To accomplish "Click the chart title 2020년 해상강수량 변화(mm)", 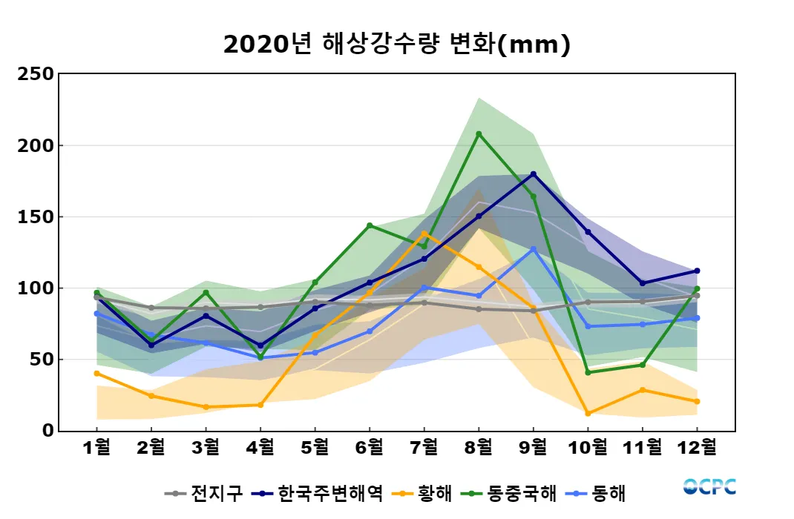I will click(x=396, y=44).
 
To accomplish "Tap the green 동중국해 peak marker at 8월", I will click(x=479, y=134).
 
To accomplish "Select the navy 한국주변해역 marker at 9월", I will click(x=534, y=174).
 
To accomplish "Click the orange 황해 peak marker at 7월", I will click(x=424, y=234).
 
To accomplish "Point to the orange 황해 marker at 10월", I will click(x=588, y=413).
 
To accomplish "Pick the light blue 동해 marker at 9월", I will click(x=534, y=249).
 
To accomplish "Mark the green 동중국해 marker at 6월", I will click(x=370, y=225).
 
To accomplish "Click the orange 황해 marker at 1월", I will click(x=97, y=373).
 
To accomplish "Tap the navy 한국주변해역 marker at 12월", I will click(x=697, y=271).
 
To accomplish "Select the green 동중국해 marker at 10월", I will click(x=588, y=372).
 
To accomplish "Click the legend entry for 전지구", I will click(x=203, y=493).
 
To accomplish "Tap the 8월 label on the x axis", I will click(x=479, y=449).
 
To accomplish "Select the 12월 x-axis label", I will click(x=697, y=449).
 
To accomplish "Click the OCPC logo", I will click(x=709, y=486).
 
